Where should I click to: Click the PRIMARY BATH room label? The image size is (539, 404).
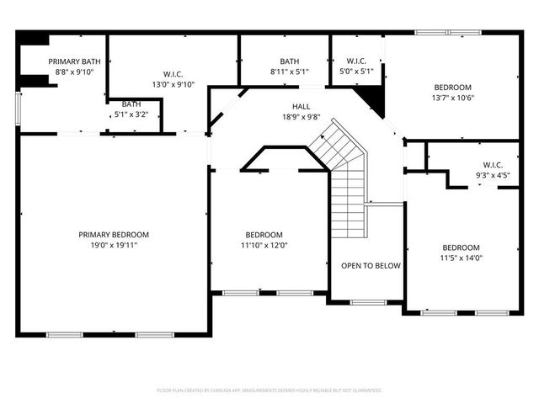[74, 61]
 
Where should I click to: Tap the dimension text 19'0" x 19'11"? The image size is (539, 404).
[114, 246]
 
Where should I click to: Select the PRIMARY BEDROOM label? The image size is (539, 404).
[114, 235]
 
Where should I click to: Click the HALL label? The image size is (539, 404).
[302, 107]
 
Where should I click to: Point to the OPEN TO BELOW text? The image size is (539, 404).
[371, 266]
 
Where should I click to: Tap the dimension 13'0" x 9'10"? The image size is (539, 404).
[173, 84]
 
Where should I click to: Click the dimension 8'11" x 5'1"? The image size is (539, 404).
[290, 72]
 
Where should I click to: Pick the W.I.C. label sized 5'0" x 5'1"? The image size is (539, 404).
[356, 61]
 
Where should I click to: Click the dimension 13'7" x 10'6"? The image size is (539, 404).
[453, 98]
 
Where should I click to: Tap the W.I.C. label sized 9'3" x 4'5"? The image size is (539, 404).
[493, 164]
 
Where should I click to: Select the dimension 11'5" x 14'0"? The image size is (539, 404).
[462, 258]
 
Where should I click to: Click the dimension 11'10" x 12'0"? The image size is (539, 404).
[264, 246]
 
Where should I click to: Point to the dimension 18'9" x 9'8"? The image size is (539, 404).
[302, 118]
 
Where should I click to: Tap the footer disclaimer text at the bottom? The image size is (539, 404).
[269, 391]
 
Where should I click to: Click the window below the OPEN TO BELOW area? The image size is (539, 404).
[367, 302]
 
